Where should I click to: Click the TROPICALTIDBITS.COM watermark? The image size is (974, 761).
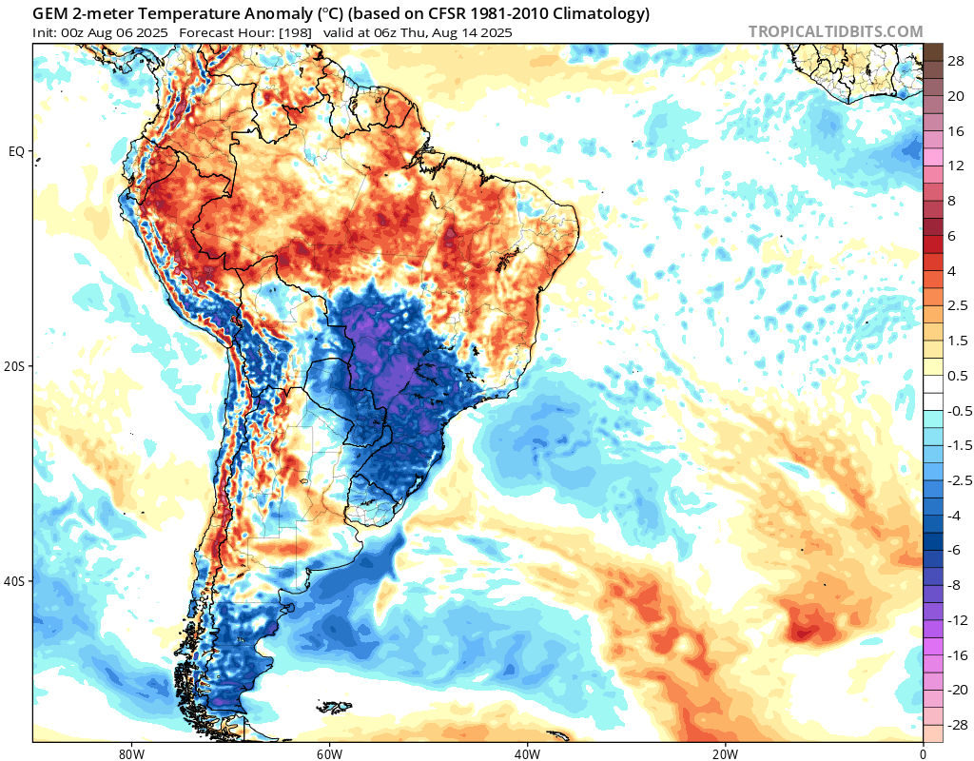pos(835,32)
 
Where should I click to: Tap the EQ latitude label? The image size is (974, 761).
pos(16,151)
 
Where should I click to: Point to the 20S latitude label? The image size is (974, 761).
pos(16,366)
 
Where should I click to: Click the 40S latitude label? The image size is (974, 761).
pos(16,581)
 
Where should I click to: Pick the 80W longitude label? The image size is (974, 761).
pos(131,751)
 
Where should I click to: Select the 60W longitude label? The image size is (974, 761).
pos(329,751)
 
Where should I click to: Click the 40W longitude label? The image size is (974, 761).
pos(527,751)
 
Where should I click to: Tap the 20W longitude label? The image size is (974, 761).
pos(725,751)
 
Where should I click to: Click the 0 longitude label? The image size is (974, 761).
pos(923,751)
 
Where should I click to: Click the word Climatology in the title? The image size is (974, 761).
pos(598,14)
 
